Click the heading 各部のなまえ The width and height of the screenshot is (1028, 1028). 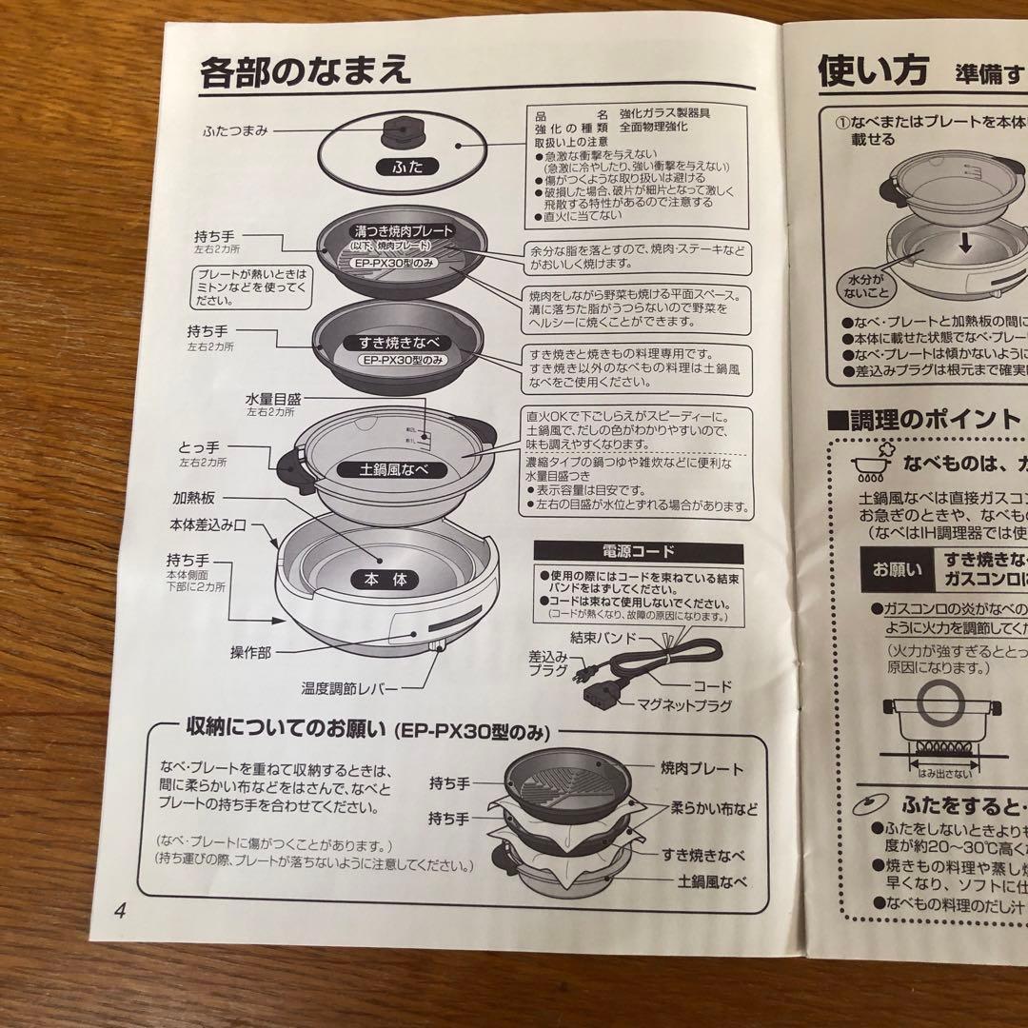click(305, 72)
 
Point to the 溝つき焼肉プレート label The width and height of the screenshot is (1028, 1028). click(404, 230)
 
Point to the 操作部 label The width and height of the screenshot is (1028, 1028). click(251, 652)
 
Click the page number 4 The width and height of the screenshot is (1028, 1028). click(120, 909)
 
